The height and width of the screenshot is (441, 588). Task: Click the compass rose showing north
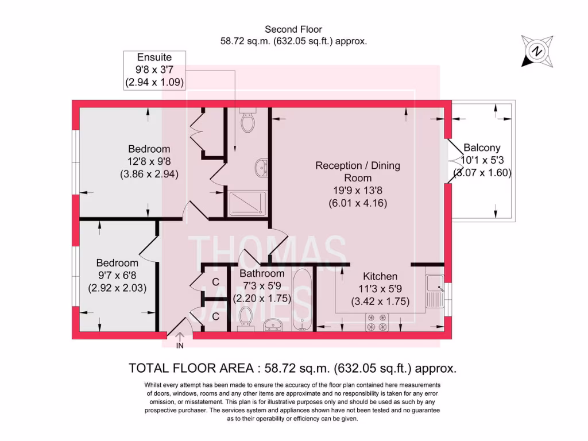tap(537, 51)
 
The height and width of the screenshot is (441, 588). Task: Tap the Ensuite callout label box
tap(154, 69)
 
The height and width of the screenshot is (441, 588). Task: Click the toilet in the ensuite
tap(247, 122)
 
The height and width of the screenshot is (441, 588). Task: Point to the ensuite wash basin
tap(260, 168)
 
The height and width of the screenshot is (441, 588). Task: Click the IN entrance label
tap(180, 346)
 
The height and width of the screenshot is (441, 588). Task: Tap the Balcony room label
tap(482, 148)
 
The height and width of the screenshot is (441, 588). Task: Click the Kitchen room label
tap(380, 277)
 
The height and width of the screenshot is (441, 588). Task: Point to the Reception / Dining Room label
tap(358, 171)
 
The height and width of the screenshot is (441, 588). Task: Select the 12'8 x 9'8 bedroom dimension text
tap(149, 161)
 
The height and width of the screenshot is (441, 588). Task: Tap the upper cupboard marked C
tap(215, 282)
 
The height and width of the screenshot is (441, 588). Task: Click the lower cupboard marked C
tap(215, 316)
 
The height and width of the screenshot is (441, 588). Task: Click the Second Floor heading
tap(293, 29)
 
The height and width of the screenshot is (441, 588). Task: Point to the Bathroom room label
tap(262, 273)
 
